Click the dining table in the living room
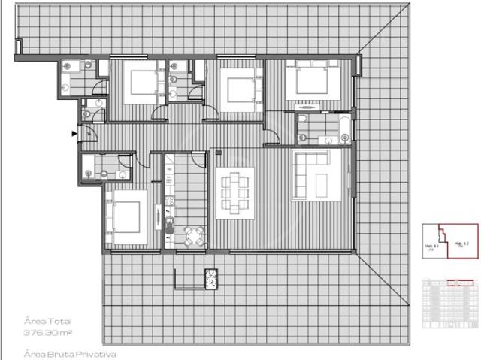tap(234, 193)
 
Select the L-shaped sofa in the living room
tap(310, 174)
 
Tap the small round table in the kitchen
tap(194, 236)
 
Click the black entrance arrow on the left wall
tap(74, 134)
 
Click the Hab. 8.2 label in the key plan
tap(461, 244)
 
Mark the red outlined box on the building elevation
tap(455, 283)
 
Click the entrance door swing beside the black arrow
tap(88, 135)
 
